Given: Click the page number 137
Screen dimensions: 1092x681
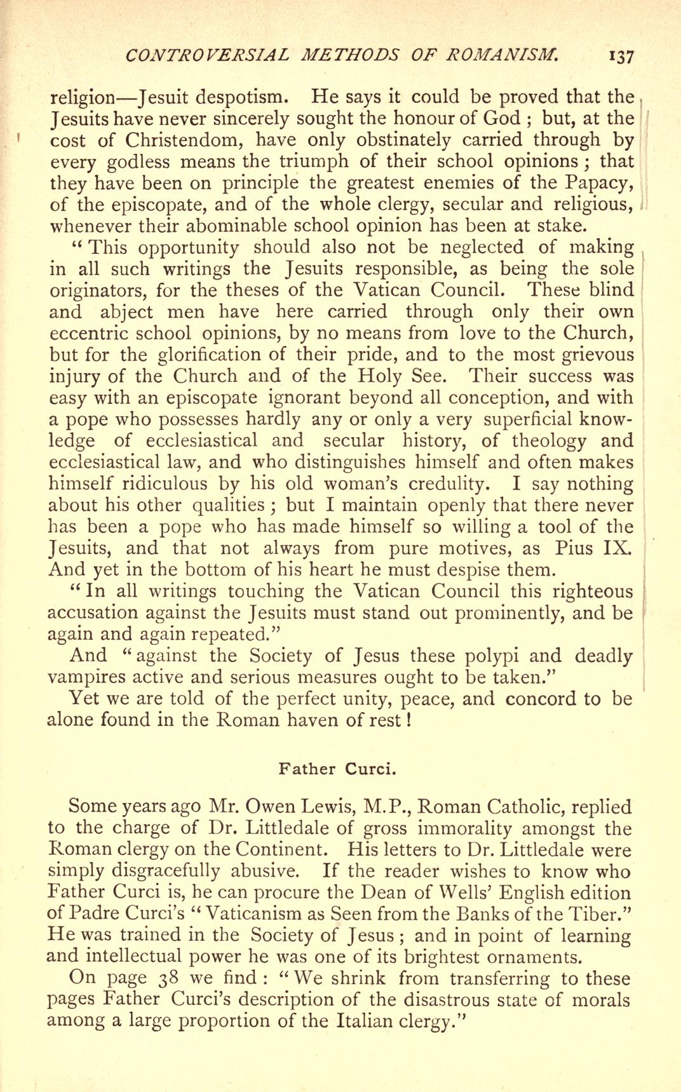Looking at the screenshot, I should click(x=620, y=57).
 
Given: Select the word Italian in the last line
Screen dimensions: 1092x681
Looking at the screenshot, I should click(x=360, y=1021).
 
